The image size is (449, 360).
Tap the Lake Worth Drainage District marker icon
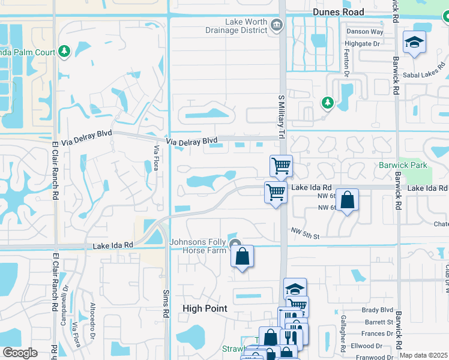click(276, 25)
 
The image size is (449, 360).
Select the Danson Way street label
click(364, 31)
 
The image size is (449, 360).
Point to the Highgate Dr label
click(362, 43)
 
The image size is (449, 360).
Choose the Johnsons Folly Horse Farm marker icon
click(234, 243)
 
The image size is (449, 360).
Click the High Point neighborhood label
click(205, 308)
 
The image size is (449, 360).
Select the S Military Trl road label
click(280, 117)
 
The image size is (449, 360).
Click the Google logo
click(19, 353)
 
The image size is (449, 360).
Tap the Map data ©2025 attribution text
click(423, 355)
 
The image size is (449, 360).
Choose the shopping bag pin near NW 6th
click(348, 200)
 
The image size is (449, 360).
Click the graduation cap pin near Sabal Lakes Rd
click(414, 43)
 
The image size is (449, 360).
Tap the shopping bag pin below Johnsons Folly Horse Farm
click(241, 256)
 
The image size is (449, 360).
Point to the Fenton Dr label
click(347, 64)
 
